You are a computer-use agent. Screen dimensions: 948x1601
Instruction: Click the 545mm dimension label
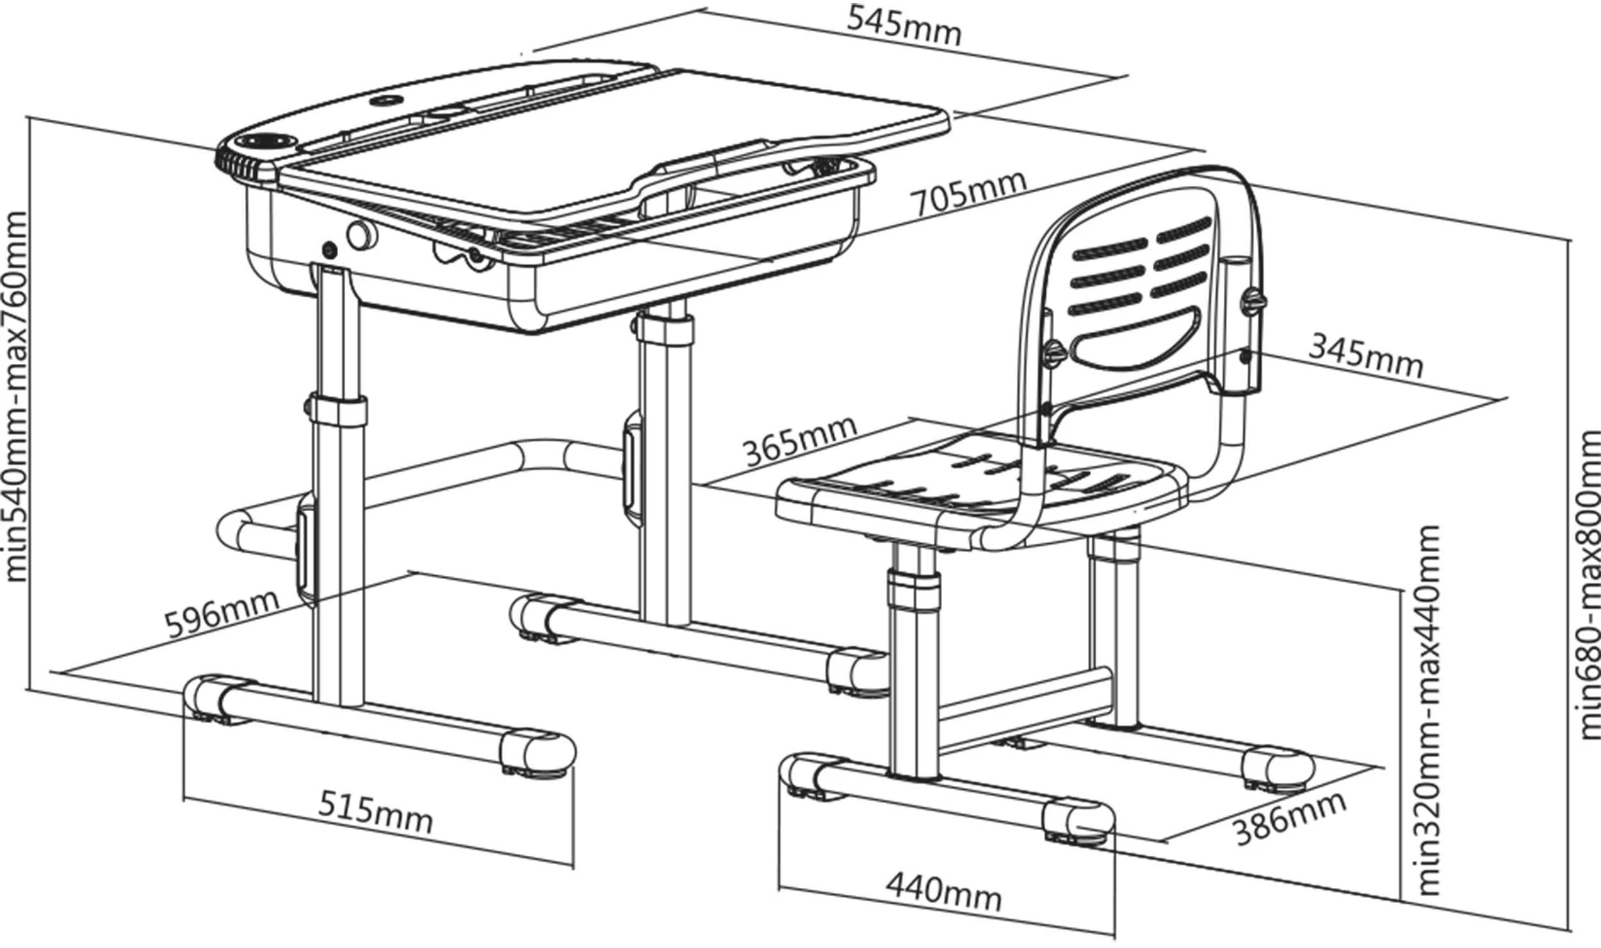click(904, 26)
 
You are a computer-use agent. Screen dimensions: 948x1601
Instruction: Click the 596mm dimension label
click(222, 613)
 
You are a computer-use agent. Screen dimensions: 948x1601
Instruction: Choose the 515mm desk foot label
click(375, 812)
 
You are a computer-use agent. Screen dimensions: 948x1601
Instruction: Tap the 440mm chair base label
click(943, 890)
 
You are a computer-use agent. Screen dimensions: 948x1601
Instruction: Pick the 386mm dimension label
click(1289, 819)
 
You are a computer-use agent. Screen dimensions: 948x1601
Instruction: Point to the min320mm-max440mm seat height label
click(1428, 711)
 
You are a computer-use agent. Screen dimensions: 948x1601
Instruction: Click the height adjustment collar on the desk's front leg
click(338, 409)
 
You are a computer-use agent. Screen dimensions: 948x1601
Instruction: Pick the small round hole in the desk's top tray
click(387, 101)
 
